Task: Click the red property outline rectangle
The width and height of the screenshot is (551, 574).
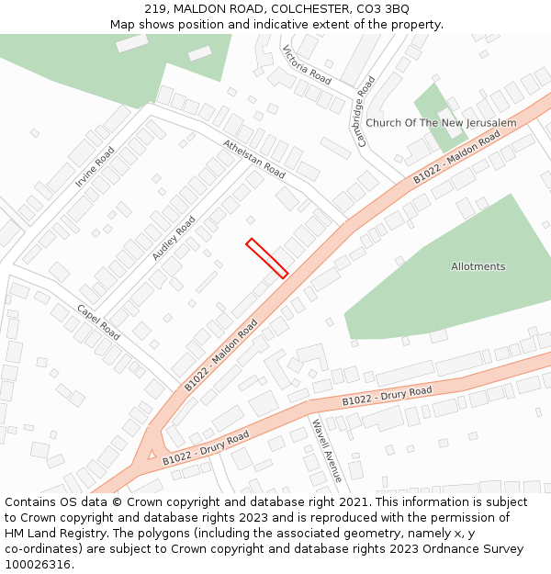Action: click(x=267, y=257)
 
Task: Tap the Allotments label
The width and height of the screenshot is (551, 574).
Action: click(x=478, y=266)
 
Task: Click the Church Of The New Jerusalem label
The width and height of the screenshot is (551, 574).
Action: click(x=441, y=123)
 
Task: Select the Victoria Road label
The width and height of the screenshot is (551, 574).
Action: click(x=307, y=64)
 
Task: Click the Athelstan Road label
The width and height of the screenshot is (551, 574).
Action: click(x=254, y=158)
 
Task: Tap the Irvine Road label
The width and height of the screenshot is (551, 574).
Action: click(x=95, y=168)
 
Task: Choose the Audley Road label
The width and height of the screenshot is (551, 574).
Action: click(x=174, y=238)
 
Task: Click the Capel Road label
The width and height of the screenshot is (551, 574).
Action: click(x=98, y=321)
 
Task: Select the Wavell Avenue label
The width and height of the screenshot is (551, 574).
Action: click(x=326, y=451)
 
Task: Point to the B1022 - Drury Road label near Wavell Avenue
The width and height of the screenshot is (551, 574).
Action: click(x=387, y=397)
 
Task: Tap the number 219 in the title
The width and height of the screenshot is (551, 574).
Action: click(x=155, y=8)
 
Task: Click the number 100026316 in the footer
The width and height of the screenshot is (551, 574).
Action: click(x=37, y=564)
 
